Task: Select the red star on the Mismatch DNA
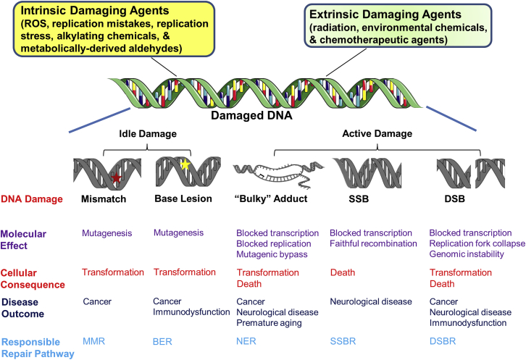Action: [117, 177]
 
